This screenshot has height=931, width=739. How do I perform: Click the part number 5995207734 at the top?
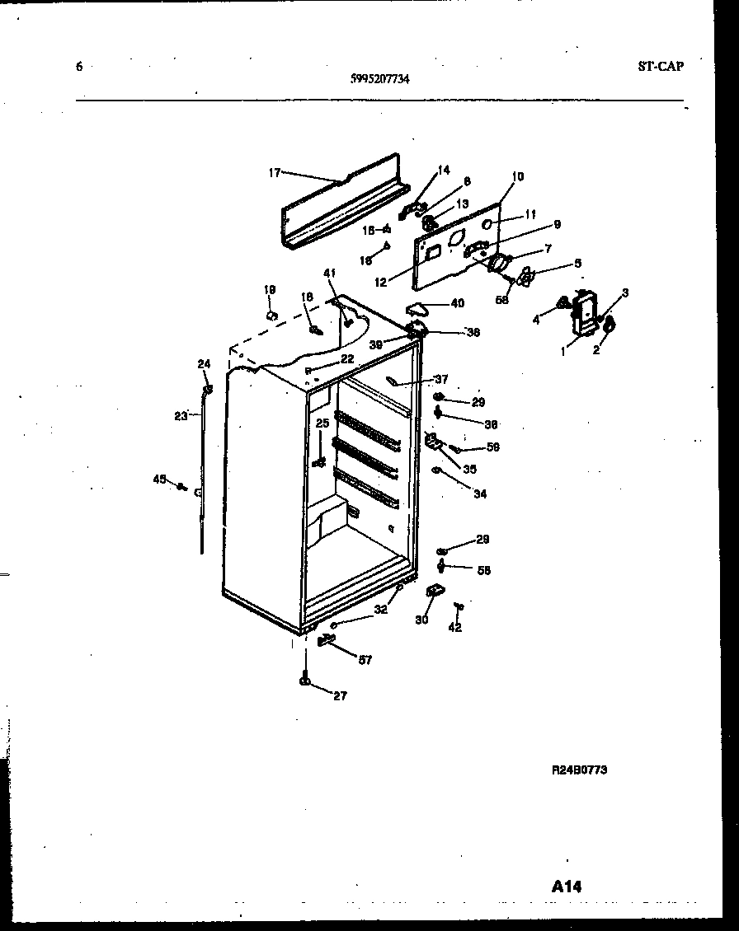pyautogui.click(x=380, y=80)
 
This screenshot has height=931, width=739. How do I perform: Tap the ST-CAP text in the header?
pyautogui.click(x=660, y=67)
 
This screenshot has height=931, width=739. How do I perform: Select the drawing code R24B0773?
pyautogui.click(x=579, y=770)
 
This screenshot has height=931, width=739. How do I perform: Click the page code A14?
pyautogui.click(x=567, y=887)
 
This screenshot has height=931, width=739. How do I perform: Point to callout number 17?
pyautogui.click(x=275, y=172)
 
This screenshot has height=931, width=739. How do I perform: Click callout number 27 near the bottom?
pyautogui.click(x=339, y=695)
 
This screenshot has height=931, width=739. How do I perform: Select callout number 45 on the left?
pyautogui.click(x=159, y=479)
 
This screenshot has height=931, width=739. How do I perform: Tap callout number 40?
pyautogui.click(x=457, y=303)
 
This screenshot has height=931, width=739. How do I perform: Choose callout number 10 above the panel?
pyautogui.click(x=518, y=176)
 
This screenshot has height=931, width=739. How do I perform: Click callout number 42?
pyautogui.click(x=454, y=628)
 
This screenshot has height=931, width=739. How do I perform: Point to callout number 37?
pyautogui.click(x=441, y=379)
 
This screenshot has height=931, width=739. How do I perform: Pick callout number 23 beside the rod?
pyautogui.click(x=181, y=416)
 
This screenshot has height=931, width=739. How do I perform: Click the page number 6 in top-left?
pyautogui.click(x=79, y=68)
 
